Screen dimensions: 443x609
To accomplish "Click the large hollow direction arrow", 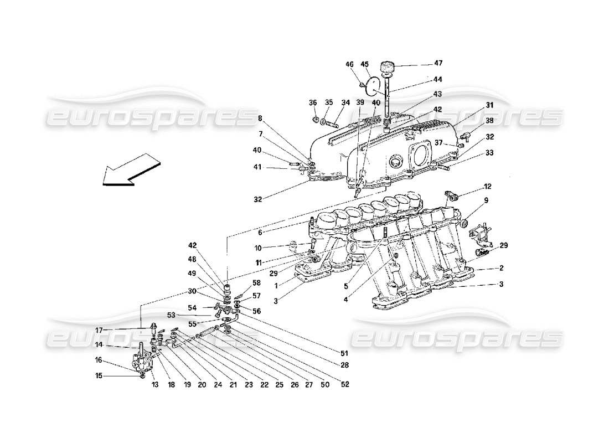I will pyautogui.click(x=130, y=169).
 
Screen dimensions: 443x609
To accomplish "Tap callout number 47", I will pyautogui.click(x=438, y=63).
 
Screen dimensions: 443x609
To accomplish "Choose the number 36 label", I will pyautogui.click(x=313, y=102).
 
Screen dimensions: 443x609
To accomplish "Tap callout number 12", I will pyautogui.click(x=487, y=187).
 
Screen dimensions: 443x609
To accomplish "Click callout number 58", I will pyautogui.click(x=256, y=283).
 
